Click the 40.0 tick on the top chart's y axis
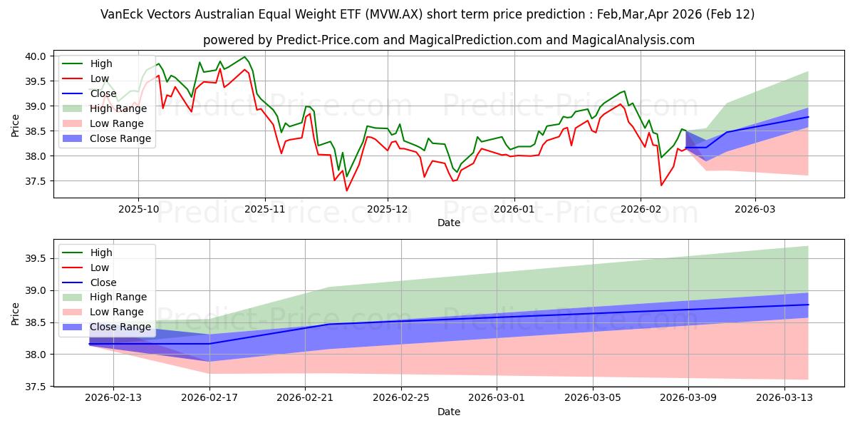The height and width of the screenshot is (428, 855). pyautogui.click(x=36, y=56)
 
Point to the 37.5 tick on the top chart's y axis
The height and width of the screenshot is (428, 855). pyautogui.click(x=36, y=181)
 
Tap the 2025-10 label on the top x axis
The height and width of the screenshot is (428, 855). pyautogui.click(x=138, y=209)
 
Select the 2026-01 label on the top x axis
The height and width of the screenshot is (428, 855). pyautogui.click(x=514, y=209)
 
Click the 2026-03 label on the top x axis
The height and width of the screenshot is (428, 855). pyautogui.click(x=755, y=209)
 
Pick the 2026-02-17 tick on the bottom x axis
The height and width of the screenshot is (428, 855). pyautogui.click(x=209, y=398)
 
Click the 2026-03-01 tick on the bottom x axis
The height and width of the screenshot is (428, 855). pyautogui.click(x=497, y=398)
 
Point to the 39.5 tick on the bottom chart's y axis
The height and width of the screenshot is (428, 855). pyautogui.click(x=36, y=258)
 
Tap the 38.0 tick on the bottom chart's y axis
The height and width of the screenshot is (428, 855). pyautogui.click(x=36, y=355)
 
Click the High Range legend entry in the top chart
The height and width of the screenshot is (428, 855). pyautogui.click(x=118, y=108)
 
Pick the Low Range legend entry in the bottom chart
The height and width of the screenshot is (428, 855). pyautogui.click(x=117, y=312)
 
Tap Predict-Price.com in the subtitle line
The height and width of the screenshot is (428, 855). pyautogui.click(x=326, y=40)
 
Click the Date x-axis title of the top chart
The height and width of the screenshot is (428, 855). pyautogui.click(x=449, y=223)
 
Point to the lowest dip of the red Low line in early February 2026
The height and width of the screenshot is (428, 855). pyautogui.click(x=661, y=185)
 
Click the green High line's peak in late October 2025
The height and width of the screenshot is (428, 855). pyautogui.click(x=244, y=56)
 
